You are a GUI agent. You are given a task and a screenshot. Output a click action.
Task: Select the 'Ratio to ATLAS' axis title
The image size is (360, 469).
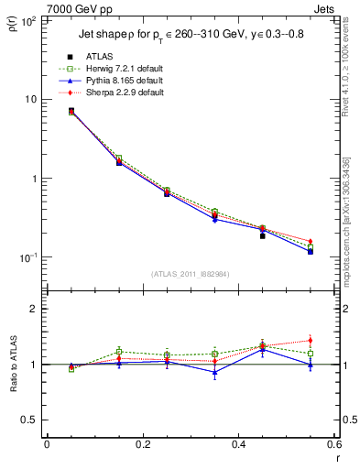pyautogui.click(x=13, y=366)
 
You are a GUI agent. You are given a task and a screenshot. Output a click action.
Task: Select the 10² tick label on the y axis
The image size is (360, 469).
pyautogui.click(x=27, y=20)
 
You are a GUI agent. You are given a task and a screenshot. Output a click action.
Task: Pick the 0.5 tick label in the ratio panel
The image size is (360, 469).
pyautogui.click(x=29, y=420)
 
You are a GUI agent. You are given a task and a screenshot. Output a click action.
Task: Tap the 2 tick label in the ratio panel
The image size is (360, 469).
pyautogui.click(x=35, y=309)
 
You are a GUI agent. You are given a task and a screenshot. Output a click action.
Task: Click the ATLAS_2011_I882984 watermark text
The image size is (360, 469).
pyautogui.click(x=190, y=273)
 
